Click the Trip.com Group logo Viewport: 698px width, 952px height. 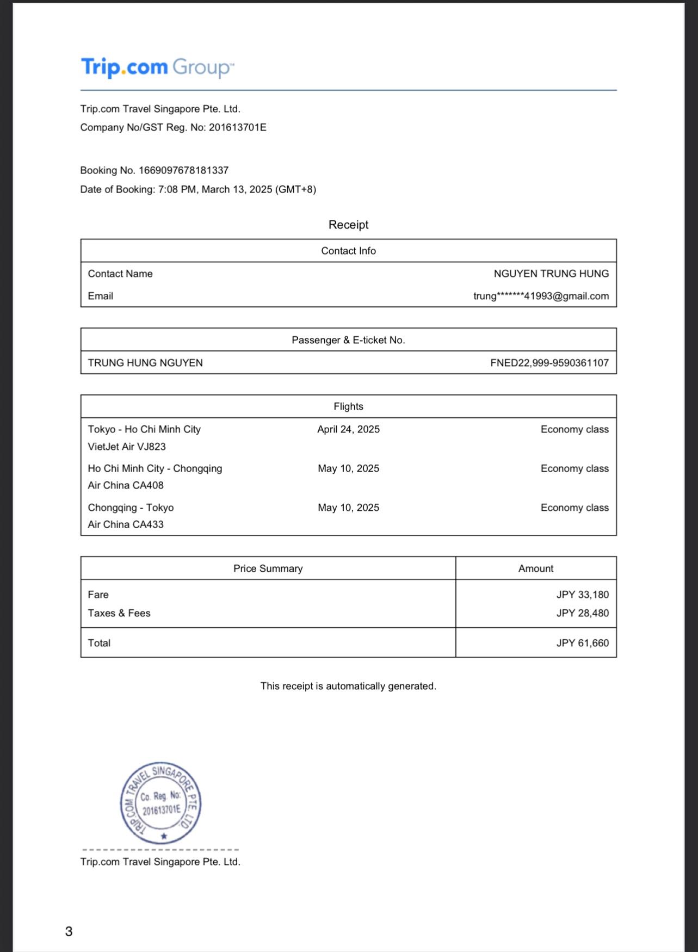pos(157,67)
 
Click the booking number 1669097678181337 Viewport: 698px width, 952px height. pos(183,170)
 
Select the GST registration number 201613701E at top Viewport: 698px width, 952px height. pos(238,127)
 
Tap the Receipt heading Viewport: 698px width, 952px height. pos(348,225)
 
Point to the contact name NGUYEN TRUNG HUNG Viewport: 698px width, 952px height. pos(551,274)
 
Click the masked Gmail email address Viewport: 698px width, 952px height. pos(541,296)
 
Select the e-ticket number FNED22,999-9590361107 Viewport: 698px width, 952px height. pos(549,363)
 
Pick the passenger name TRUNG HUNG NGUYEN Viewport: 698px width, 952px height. pos(145,363)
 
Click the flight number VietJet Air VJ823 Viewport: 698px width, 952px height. pos(127,447)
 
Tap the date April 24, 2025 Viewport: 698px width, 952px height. pos(348,429)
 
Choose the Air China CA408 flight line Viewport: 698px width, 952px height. pos(126,485)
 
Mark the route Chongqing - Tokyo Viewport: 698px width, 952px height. pos(131,508)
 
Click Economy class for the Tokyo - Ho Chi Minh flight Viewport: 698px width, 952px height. pos(575,429)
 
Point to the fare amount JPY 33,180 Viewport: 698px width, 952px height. pos(582,595)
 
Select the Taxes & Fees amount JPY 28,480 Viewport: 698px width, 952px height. pos(582,613)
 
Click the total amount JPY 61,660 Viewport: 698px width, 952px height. pos(582,643)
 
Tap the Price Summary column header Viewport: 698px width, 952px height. pos(268,568)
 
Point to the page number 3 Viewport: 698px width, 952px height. pos(69,931)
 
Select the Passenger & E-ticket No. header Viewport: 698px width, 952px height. pos(348,340)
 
